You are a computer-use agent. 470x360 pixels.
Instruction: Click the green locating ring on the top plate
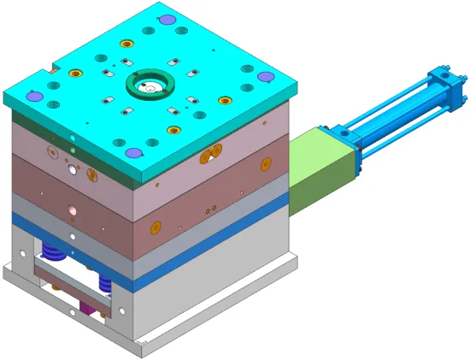click(x=150, y=85)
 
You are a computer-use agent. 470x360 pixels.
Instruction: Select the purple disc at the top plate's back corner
click(x=166, y=18)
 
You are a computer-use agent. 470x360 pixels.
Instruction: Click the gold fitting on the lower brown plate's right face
click(x=155, y=227)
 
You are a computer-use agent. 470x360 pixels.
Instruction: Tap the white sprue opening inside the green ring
click(x=151, y=85)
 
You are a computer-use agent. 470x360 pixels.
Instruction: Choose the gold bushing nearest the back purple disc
click(x=126, y=44)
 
